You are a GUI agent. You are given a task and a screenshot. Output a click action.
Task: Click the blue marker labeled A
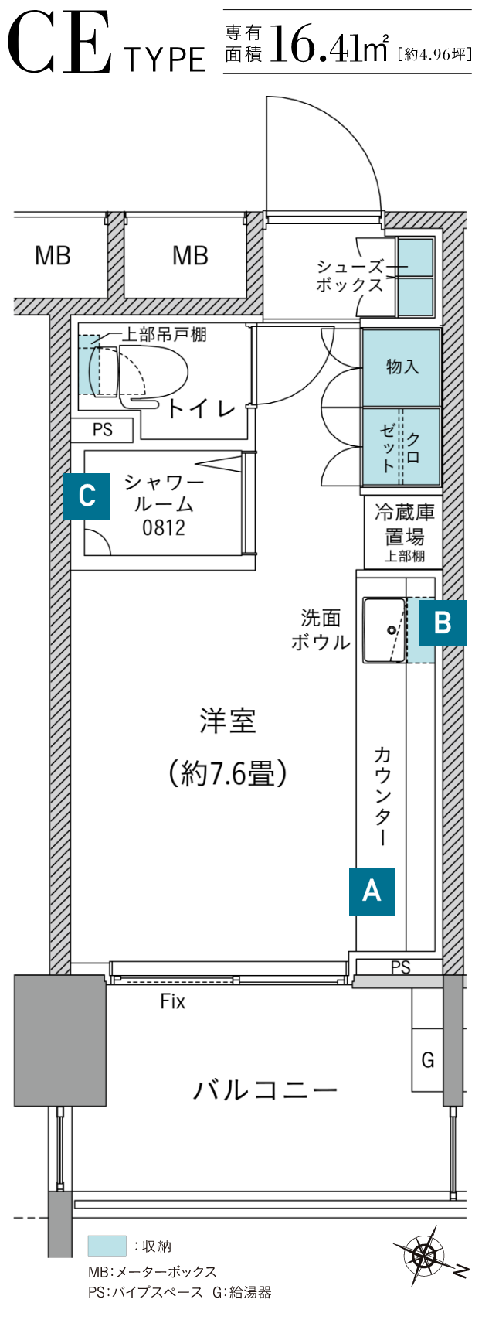click(372, 891)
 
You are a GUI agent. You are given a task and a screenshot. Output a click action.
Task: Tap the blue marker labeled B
click(443, 622)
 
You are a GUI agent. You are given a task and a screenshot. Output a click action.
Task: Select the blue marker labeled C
click(87, 495)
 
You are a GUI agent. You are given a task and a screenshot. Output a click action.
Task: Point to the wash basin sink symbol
click(385, 629)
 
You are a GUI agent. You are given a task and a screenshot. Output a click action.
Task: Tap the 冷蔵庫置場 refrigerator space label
click(404, 533)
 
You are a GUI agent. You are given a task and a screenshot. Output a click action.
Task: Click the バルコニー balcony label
click(265, 1090)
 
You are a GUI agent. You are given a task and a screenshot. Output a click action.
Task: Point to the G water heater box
click(427, 1059)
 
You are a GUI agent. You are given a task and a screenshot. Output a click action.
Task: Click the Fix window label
click(172, 1001)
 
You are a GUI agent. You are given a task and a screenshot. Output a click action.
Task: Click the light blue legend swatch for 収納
click(107, 1246)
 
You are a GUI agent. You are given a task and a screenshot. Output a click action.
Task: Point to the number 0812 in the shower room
click(163, 528)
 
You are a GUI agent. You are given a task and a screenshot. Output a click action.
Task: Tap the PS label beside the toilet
click(102, 429)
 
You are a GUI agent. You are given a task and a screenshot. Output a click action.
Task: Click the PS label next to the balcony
click(400, 967)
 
